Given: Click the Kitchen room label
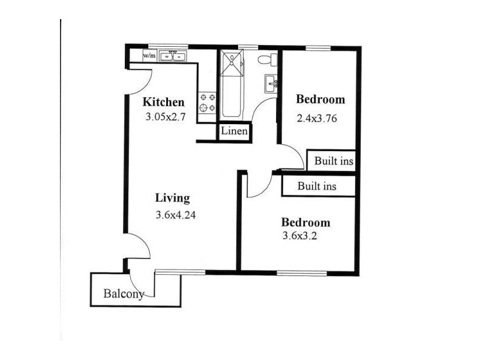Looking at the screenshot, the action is (x=163, y=102).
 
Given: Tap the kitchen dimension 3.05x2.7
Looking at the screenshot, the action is (x=166, y=116).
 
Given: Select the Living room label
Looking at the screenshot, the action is (x=172, y=198).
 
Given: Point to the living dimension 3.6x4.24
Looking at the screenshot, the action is (x=175, y=215).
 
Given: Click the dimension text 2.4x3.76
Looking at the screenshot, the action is (x=317, y=118).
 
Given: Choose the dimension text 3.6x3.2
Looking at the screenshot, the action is (x=299, y=236).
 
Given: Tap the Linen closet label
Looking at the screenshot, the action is (x=234, y=131).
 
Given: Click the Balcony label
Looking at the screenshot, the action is (x=124, y=293).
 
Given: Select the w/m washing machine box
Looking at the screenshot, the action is (x=149, y=56).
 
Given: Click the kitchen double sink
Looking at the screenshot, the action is (x=173, y=56).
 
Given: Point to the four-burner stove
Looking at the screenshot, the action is (x=208, y=103).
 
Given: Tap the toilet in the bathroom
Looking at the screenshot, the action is (x=268, y=59).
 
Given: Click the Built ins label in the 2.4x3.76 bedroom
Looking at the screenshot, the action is (x=334, y=161).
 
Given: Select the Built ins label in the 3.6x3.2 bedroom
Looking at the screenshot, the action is (x=317, y=186).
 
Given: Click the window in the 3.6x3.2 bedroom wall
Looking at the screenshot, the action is (x=302, y=273).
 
